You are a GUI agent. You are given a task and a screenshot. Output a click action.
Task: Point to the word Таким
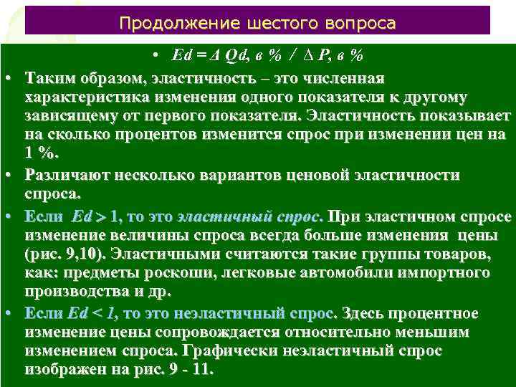point(47,78)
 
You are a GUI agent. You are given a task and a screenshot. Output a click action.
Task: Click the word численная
point(344,78)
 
